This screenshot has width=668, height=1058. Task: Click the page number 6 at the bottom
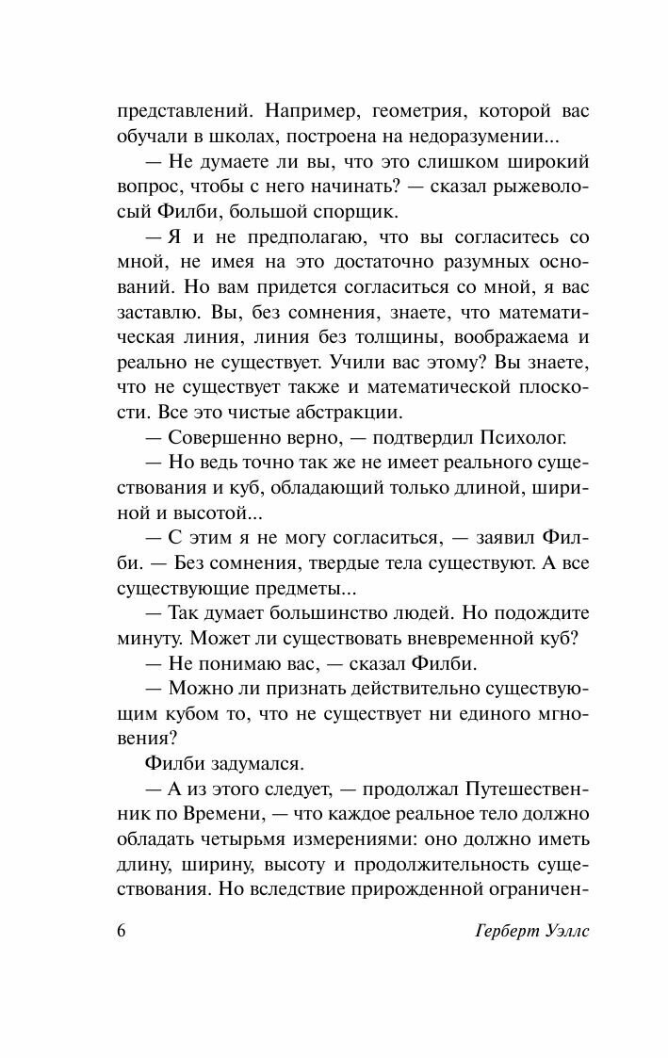120,932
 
